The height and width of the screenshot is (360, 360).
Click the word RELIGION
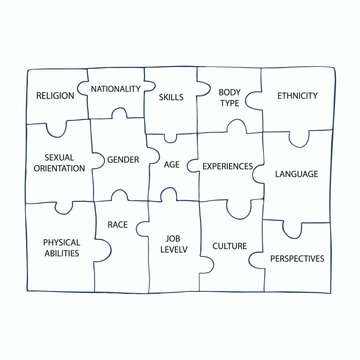tap(55, 96)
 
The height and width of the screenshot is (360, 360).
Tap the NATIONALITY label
tap(115, 89)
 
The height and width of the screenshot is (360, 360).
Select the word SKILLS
tap(172, 97)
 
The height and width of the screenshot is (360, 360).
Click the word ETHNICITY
tap(296, 96)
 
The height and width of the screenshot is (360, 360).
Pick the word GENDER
tap(122, 159)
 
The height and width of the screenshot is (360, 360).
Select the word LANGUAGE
tap(297, 174)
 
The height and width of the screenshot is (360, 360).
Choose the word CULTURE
tap(230, 244)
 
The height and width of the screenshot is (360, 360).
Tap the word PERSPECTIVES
tap(297, 258)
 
